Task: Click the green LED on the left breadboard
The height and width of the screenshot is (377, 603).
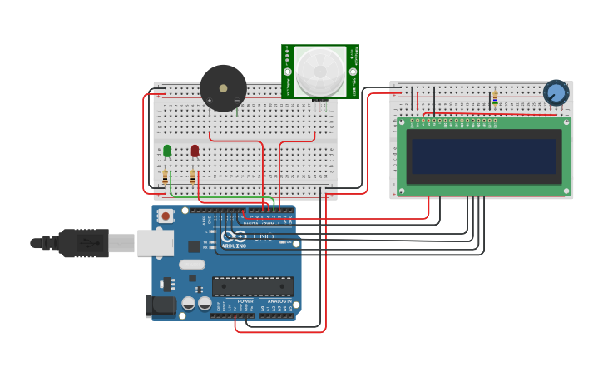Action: tap(167, 151)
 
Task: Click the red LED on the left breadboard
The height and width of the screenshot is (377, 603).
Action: tap(195, 151)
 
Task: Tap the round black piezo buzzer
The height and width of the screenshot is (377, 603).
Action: tap(223, 88)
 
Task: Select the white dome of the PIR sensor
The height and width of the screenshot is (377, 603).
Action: tap(320, 71)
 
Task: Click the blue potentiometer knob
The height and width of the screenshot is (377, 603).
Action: tap(556, 92)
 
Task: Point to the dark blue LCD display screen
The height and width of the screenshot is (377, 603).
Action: tap(483, 156)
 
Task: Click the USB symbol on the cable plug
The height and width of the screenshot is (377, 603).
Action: tap(87, 243)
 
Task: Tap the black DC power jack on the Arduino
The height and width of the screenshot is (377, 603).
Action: tap(161, 306)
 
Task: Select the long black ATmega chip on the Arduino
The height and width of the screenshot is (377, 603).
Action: tap(252, 286)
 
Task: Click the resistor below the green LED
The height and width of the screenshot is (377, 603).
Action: tap(166, 177)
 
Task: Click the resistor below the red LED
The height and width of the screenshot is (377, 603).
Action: tap(193, 177)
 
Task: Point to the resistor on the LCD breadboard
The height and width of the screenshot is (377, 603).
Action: tap(495, 98)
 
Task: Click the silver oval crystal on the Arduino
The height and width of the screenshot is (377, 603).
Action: tap(191, 265)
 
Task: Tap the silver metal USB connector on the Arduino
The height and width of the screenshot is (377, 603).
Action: tap(155, 242)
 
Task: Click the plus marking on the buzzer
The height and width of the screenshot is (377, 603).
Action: tap(209, 100)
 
